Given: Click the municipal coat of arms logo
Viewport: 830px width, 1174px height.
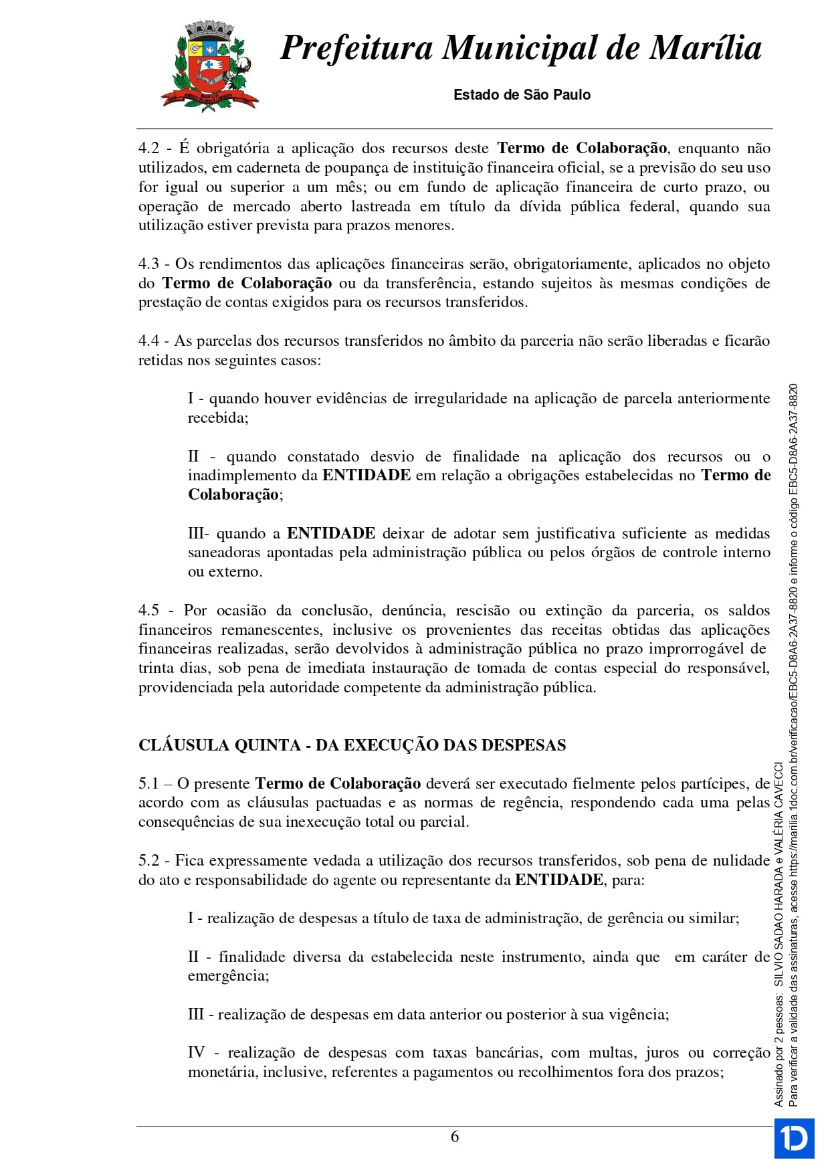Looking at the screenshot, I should click(x=209, y=66).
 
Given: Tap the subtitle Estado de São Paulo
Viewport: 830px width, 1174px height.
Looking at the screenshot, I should click(x=522, y=95).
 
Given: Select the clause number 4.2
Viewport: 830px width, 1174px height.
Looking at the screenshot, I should click(x=148, y=149).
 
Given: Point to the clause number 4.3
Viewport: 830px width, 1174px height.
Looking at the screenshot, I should click(x=148, y=264).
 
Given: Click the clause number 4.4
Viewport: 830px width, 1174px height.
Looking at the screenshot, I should click(x=148, y=341).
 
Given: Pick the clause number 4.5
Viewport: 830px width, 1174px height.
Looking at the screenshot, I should click(x=148, y=611).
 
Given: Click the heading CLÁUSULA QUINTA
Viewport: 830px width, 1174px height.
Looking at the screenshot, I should click(x=219, y=746).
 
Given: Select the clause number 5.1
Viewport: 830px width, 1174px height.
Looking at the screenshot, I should click(x=148, y=784).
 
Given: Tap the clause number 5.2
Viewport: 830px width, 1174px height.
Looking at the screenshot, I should click(x=148, y=861).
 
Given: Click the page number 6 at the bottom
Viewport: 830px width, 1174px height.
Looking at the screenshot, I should click(x=455, y=1137).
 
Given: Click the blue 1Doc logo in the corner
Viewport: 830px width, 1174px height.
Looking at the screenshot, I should click(x=794, y=1138).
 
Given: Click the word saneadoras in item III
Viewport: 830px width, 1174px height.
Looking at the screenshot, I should click(x=224, y=553).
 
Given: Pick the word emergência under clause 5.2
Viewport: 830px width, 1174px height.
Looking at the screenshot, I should click(x=227, y=976).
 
